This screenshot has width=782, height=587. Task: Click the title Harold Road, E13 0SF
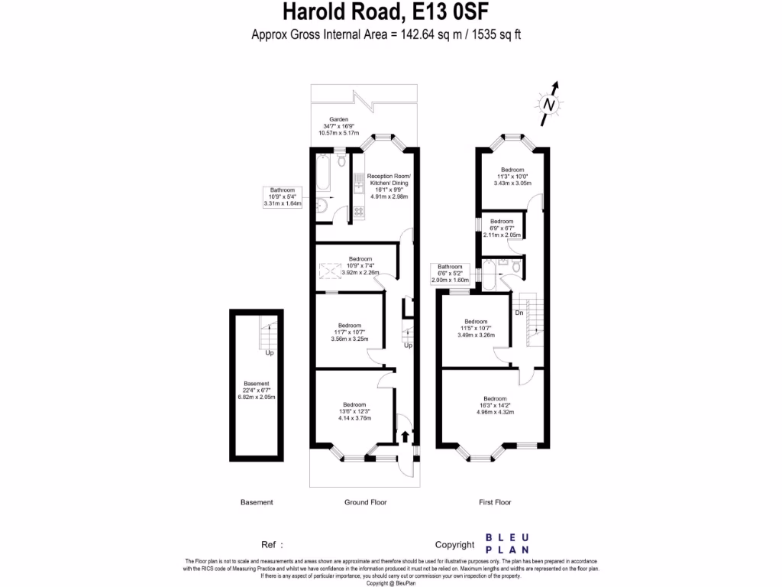(x=386, y=12)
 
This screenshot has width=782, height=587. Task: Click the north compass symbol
(x=549, y=104)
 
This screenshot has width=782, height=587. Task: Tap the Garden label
(x=338, y=120)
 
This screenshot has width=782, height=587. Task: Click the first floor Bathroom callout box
(x=450, y=273)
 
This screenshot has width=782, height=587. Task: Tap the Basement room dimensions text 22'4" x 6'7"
(x=257, y=391)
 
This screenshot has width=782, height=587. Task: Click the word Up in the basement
(x=270, y=353)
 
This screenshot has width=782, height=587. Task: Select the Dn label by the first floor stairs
(x=519, y=312)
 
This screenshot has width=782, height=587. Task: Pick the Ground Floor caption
(x=365, y=502)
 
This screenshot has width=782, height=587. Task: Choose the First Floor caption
(x=495, y=502)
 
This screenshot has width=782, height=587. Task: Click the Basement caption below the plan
(x=257, y=502)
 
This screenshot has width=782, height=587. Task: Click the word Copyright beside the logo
(x=455, y=545)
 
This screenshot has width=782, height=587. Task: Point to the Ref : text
(x=273, y=545)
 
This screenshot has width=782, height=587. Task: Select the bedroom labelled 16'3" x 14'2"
(x=494, y=405)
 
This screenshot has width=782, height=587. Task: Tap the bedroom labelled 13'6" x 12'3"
(x=354, y=411)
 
